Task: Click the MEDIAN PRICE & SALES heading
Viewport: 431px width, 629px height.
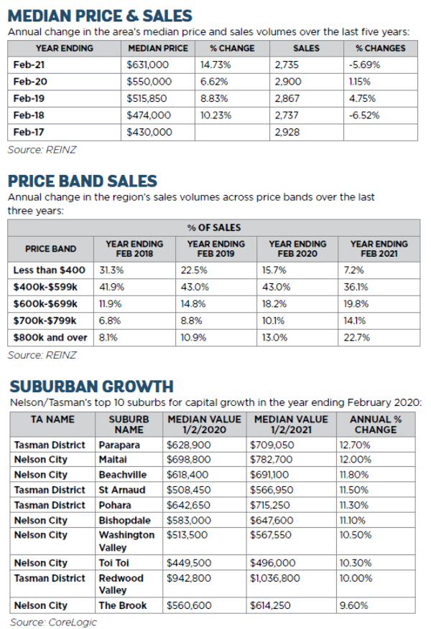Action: click(100, 15)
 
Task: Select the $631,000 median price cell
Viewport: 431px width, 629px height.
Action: click(149, 64)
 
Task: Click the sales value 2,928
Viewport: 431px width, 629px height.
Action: click(287, 132)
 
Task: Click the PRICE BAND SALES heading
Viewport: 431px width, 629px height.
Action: click(82, 181)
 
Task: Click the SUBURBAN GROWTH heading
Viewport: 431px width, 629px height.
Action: click(91, 387)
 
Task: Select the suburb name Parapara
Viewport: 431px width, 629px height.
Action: click(119, 445)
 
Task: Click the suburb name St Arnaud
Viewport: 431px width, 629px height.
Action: click(122, 490)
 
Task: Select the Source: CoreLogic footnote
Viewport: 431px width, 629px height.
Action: click(53, 622)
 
